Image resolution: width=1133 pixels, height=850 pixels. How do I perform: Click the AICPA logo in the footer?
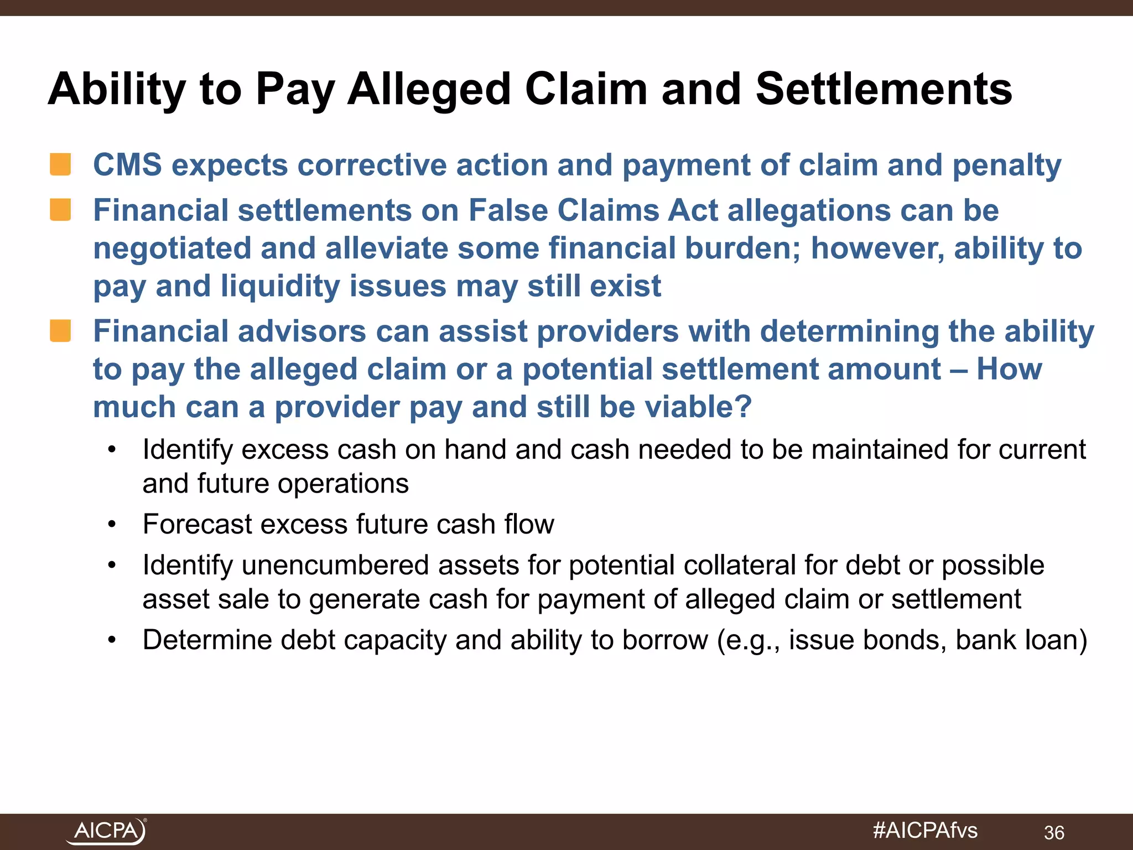(x=106, y=831)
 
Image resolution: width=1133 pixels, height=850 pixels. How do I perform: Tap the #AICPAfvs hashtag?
(x=925, y=831)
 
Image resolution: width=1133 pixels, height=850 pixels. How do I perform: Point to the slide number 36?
(x=1054, y=832)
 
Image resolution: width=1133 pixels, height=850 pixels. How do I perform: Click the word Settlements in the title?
(x=883, y=89)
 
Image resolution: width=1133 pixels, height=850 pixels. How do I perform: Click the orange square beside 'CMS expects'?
(x=60, y=164)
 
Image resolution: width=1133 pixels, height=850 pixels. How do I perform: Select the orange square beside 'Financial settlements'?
(x=60, y=210)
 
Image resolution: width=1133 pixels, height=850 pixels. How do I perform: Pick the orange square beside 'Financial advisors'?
(x=60, y=331)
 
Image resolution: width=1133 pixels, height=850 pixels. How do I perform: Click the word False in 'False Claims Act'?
(x=508, y=210)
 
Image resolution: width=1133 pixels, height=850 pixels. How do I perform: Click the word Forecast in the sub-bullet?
(x=197, y=524)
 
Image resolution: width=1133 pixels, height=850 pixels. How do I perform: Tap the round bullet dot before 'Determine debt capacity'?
(x=112, y=640)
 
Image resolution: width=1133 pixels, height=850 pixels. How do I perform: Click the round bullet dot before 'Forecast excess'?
(x=112, y=525)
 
